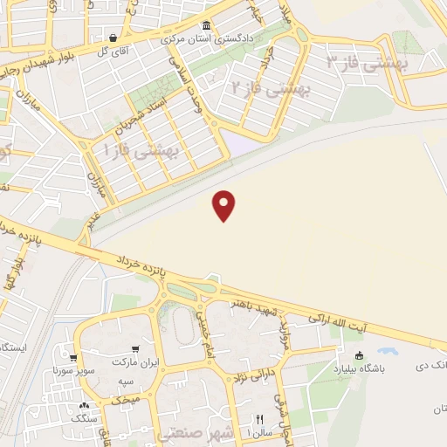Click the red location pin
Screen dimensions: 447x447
pyautogui.click(x=225, y=204)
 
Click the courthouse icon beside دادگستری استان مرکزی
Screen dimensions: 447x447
pyautogui.click(x=206, y=25)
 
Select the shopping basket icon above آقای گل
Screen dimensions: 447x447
pyautogui.click(x=113, y=38)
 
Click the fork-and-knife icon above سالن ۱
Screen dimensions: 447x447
pyautogui.click(x=259, y=418)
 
